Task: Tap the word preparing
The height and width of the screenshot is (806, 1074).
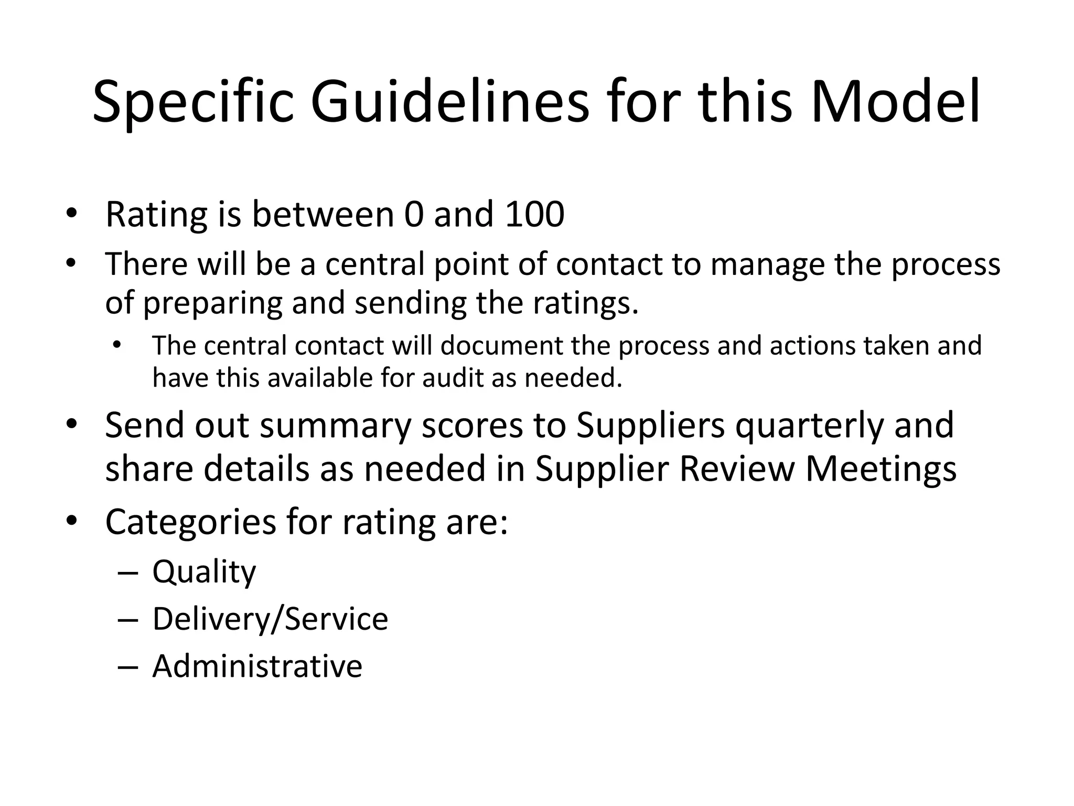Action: pos(212,303)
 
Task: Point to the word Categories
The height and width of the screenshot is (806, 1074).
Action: pos(190,522)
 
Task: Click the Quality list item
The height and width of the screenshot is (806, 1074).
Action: pos(204,571)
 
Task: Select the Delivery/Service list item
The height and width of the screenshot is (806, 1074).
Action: pos(270,619)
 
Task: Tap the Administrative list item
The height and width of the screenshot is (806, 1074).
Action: pos(257,666)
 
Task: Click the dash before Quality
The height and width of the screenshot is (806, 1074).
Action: pos(128,572)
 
